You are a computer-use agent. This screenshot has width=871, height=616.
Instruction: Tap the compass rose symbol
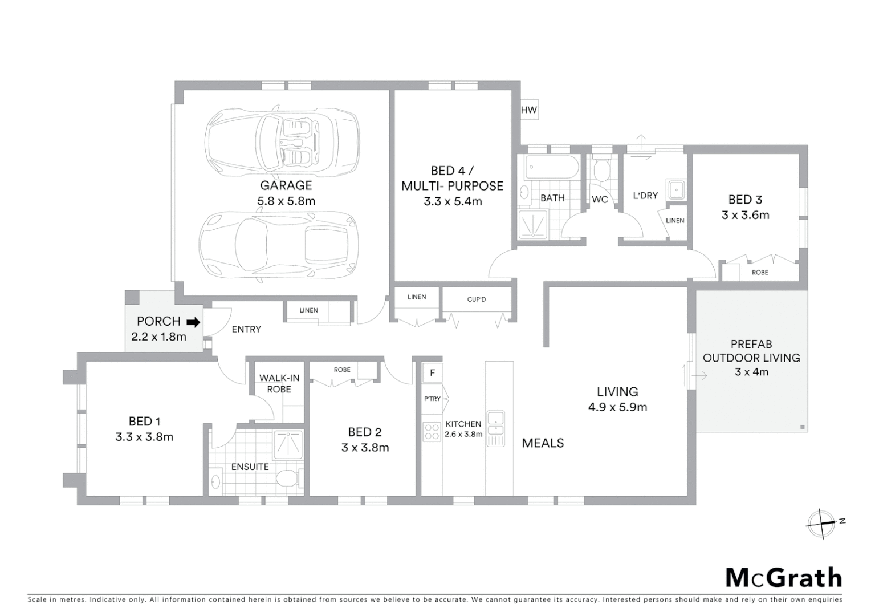point(821,522)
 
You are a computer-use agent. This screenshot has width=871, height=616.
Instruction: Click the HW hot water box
point(528,110)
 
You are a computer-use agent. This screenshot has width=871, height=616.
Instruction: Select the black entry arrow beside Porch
point(194,322)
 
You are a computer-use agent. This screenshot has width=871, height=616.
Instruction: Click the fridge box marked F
point(433,373)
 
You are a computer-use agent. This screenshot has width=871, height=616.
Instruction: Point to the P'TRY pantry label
point(432,399)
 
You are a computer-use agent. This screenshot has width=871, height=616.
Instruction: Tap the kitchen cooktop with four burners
point(432,431)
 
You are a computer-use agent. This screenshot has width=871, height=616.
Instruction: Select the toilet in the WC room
point(601,170)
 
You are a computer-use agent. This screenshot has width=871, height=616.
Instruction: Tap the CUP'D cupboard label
point(476,299)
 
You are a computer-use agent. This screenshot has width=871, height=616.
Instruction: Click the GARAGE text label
point(286,185)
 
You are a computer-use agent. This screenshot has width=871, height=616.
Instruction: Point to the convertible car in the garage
point(282,140)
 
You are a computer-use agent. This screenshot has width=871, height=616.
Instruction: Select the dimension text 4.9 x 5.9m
point(617,407)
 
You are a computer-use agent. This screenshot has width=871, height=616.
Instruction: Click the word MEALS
point(543,443)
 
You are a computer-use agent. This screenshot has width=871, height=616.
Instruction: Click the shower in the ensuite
point(288,445)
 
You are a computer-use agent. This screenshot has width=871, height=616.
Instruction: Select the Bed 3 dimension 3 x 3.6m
point(745,215)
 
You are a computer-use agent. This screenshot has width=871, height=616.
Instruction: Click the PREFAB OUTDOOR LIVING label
point(751,351)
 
